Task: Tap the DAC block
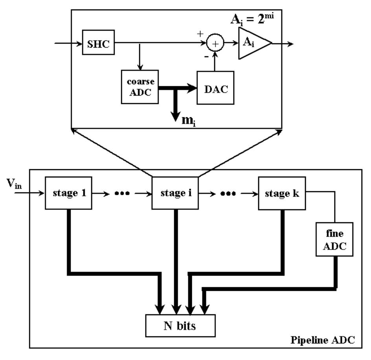(215, 88)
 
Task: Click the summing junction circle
(215, 43)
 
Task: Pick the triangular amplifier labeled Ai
(252, 43)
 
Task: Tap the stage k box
(282, 193)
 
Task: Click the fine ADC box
(335, 240)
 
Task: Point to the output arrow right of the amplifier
(283, 43)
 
